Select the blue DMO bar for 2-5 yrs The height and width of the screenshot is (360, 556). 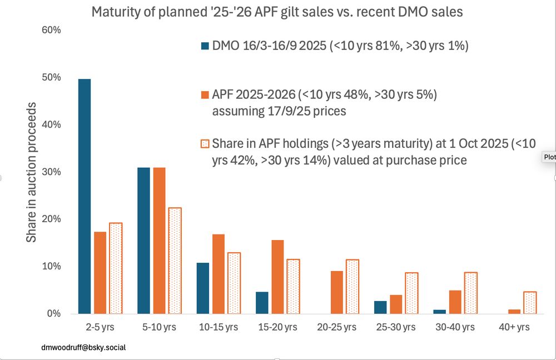pos(85,196)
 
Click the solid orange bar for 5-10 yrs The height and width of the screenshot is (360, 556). pos(159,240)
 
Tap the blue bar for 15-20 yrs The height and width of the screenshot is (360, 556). pos(262,303)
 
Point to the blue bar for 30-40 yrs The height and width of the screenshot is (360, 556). pos(440,312)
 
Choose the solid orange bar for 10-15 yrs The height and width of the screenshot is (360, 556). pos(218,274)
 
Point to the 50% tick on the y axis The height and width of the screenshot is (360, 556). pos(52,77)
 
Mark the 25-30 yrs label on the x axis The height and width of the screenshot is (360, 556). pos(395,327)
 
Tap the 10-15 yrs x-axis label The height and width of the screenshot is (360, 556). pos(218,327)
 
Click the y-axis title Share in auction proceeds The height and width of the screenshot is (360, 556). pos(32,172)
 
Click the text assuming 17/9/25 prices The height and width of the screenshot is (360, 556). pos(279,111)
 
